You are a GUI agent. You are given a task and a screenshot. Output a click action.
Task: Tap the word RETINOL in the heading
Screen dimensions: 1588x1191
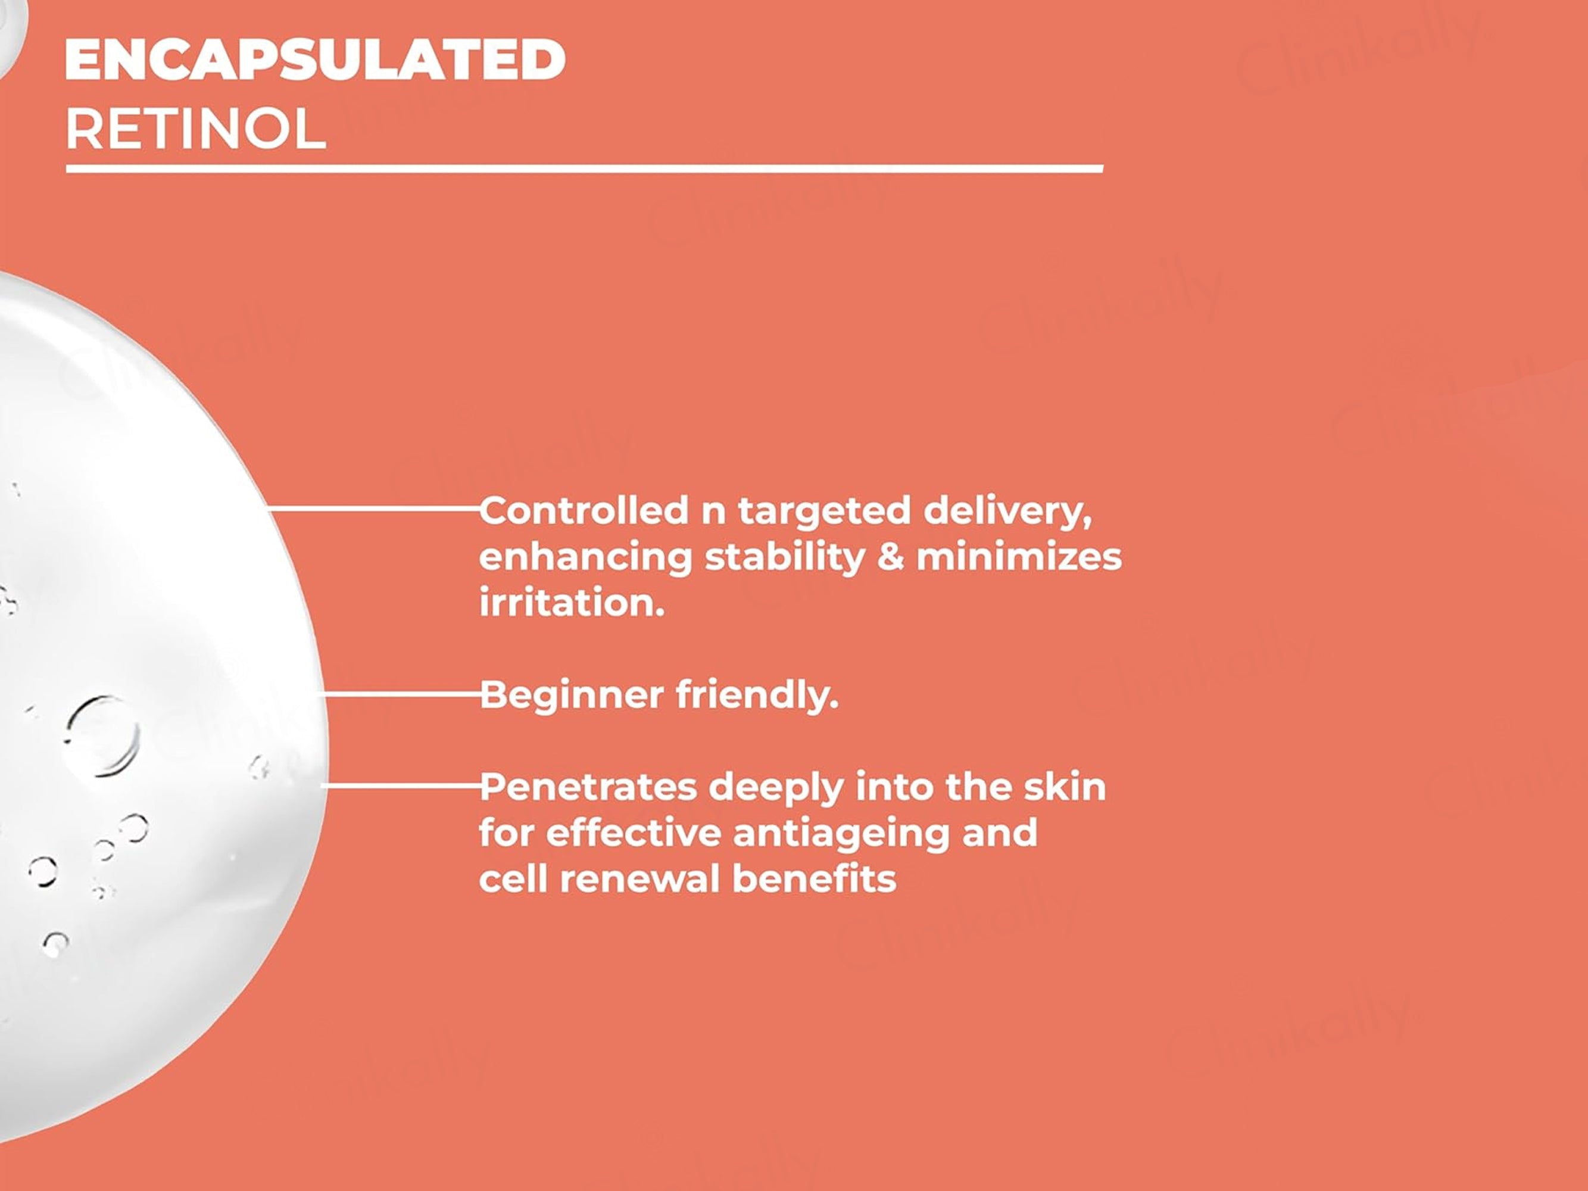[195, 129]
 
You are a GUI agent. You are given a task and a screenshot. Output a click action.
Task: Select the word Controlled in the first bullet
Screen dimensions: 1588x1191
[584, 510]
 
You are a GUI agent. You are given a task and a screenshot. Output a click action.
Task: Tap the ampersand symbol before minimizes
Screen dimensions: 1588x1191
[890, 558]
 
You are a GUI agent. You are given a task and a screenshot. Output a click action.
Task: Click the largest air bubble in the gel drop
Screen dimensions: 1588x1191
[101, 736]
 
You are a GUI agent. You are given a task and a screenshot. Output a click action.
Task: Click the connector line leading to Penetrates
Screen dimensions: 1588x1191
[401, 786]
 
